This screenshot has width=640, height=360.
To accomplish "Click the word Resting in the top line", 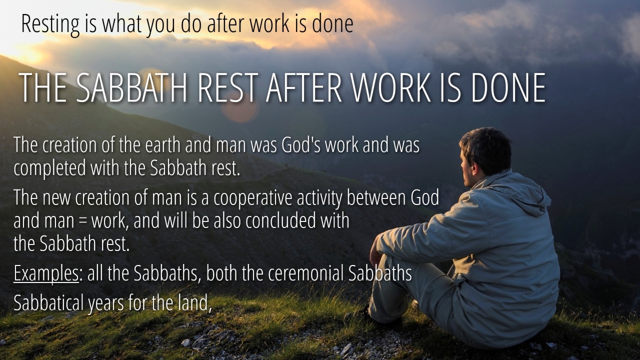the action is click(x=50, y=24).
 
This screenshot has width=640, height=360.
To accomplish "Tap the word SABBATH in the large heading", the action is click(x=131, y=87).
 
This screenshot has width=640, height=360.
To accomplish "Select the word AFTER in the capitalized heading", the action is click(x=304, y=87).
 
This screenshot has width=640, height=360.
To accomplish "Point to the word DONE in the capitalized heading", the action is click(x=508, y=87).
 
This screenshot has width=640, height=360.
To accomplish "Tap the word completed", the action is click(x=49, y=168).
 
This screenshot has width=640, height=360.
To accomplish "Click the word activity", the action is click(x=319, y=197).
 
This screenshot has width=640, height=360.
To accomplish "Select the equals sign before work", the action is click(x=83, y=221).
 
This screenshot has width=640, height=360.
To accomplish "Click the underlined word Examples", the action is click(x=46, y=273).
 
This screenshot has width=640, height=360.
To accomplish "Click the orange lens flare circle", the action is click(x=240, y=107).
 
